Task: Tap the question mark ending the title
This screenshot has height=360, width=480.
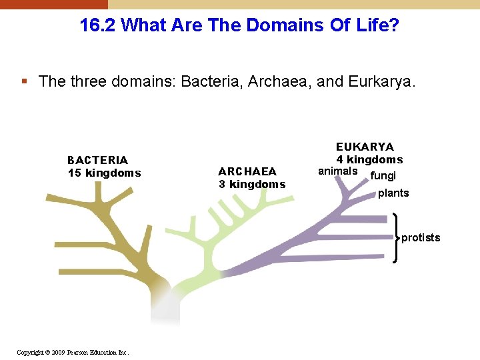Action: [x=395, y=26]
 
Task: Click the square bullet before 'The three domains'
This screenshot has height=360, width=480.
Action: [x=25, y=82]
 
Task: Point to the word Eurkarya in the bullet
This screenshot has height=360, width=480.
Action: [x=385, y=82]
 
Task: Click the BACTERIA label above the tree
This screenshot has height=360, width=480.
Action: [x=97, y=160]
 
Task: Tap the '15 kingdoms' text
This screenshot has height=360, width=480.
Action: [x=104, y=173]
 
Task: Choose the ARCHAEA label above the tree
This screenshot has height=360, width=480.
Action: [x=247, y=171]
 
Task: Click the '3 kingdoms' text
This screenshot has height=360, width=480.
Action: [x=252, y=185]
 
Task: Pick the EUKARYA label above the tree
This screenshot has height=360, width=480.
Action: [x=365, y=147]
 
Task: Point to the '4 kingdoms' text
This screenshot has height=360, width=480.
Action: [x=369, y=160]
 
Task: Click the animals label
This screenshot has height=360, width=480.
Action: [x=337, y=171]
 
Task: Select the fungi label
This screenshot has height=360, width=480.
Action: [x=383, y=176]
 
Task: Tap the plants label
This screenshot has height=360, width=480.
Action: [x=393, y=193]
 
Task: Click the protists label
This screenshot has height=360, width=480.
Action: [x=421, y=238]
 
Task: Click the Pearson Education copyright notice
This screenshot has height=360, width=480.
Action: [x=73, y=352]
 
